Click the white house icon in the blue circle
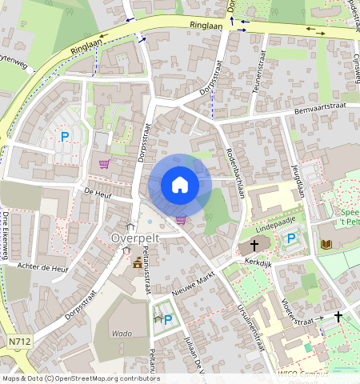(x=180, y=185)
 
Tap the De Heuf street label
(x=96, y=193)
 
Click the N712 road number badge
(x=21, y=342)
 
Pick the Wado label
(x=122, y=333)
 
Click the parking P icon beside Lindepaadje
(x=292, y=238)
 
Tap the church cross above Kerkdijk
(x=255, y=246)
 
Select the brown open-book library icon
(x=326, y=243)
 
